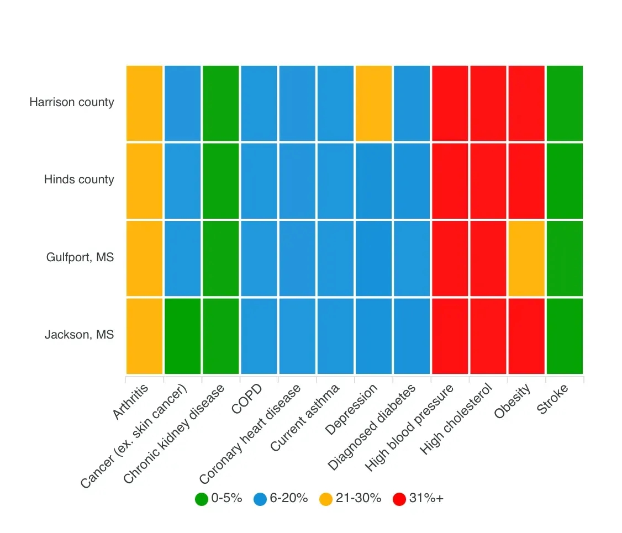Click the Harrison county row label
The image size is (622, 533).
72,102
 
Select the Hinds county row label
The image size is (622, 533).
79,180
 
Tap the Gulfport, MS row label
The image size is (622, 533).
80,257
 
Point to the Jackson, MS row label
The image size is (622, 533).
80,334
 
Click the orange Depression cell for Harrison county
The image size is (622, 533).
374,103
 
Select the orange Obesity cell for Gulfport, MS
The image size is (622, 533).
526,258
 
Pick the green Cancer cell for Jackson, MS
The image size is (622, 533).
183,336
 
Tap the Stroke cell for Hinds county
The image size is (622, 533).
565,181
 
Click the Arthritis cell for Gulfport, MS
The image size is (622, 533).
145,258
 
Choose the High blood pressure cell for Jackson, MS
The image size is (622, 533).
450,336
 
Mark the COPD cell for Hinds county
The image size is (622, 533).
259,181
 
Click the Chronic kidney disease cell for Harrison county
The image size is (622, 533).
221,103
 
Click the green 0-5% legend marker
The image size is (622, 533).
202,499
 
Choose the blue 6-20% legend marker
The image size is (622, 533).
260,499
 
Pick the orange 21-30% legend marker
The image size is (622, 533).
326,499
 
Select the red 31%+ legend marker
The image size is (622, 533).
399,499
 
